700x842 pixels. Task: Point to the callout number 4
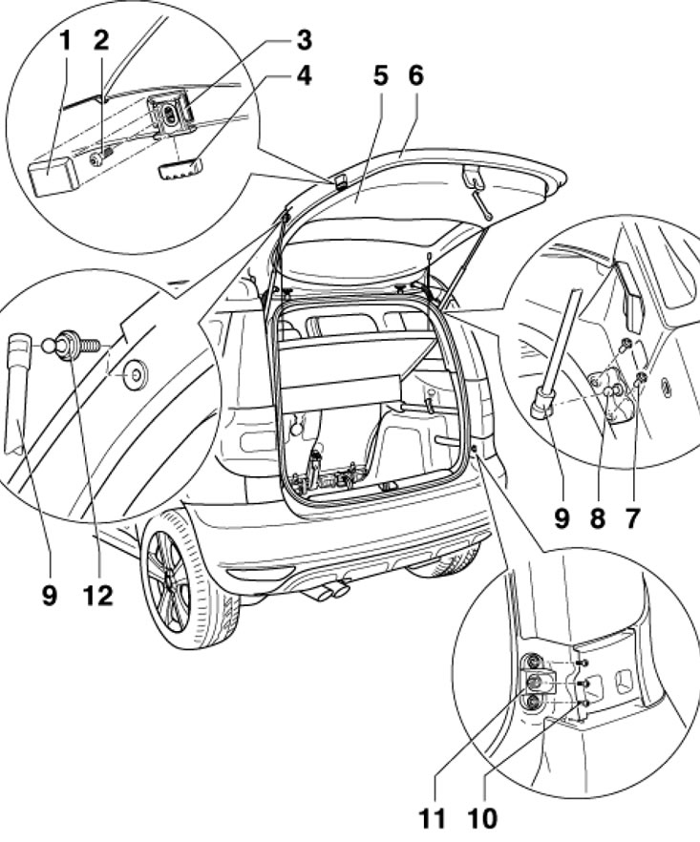[305, 75]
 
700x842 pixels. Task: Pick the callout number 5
[380, 77]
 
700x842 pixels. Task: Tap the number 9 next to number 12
[49, 596]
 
